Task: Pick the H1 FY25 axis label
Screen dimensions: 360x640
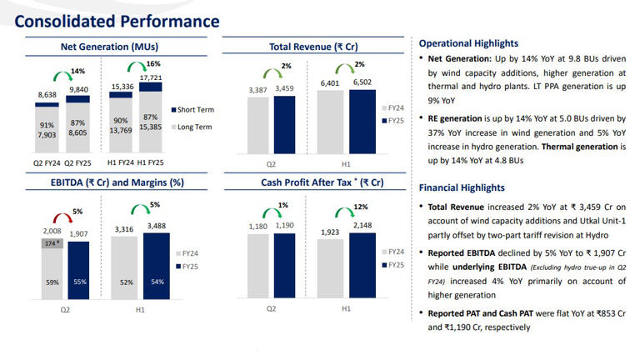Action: click(x=151, y=162)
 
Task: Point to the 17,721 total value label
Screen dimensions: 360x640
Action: click(x=151, y=77)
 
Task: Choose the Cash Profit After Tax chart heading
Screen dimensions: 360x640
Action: click(x=312, y=182)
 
